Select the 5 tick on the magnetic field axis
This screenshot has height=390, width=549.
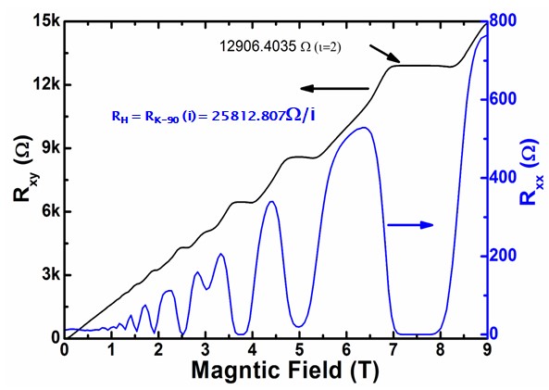pyautogui.click(x=299, y=350)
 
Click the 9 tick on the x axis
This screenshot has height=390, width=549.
pyautogui.click(x=487, y=350)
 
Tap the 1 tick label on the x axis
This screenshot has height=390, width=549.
pyautogui.click(x=111, y=350)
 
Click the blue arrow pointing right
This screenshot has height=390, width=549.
pyautogui.click(x=410, y=224)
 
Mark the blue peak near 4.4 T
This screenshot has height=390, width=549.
pyautogui.click(x=270, y=202)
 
